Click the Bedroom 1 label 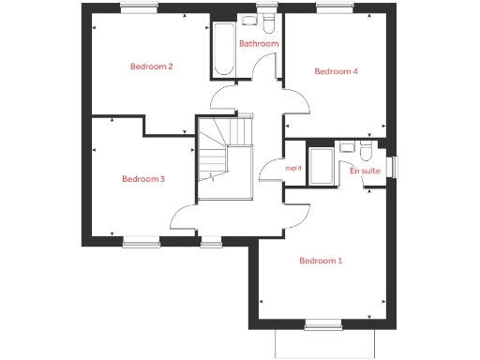point(320,261)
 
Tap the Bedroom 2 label point(151,67)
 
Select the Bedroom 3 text point(143,179)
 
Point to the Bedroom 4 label point(336,71)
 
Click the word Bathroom point(258,44)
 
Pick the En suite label point(365,172)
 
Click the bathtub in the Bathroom point(223,51)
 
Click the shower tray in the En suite point(321,165)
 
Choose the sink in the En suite point(347,147)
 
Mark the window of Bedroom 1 point(321,325)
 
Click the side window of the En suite point(394,165)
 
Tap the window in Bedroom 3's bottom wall point(142,242)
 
